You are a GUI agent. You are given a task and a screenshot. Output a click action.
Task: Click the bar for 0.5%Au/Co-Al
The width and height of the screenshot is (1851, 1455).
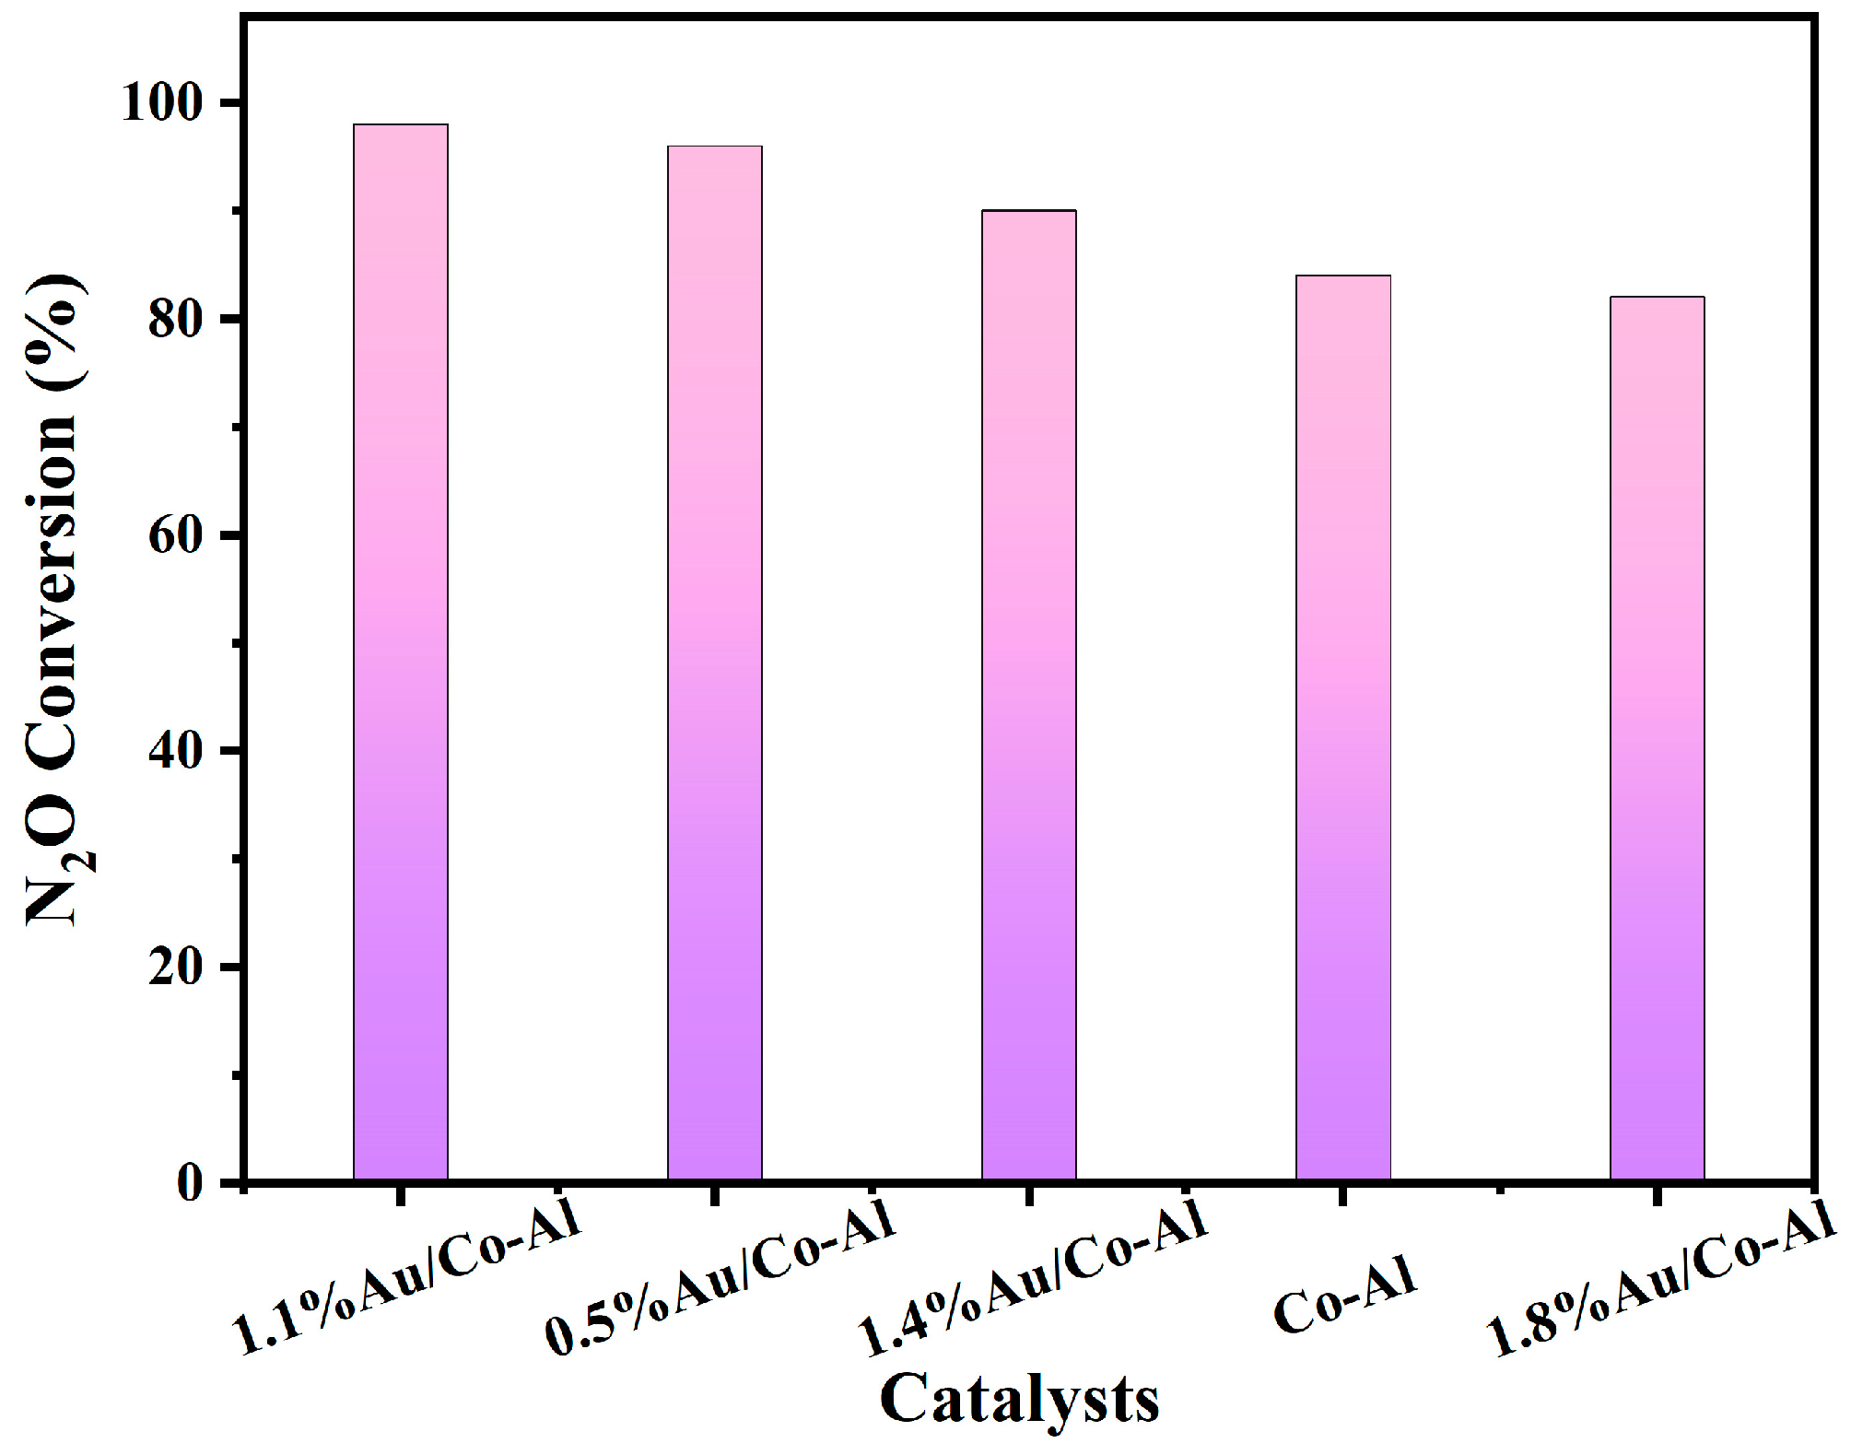point(715,663)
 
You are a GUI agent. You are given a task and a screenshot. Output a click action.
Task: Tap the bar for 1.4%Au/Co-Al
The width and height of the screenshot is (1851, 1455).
point(1029,696)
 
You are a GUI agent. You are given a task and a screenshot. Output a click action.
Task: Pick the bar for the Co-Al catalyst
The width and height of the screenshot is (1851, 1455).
point(1343,728)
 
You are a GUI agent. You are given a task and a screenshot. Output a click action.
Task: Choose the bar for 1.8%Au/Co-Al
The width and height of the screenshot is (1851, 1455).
point(1658,738)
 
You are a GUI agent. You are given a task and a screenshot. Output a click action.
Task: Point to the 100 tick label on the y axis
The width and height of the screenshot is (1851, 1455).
point(161,103)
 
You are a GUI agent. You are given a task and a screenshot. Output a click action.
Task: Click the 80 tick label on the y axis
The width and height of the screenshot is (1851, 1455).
point(175,320)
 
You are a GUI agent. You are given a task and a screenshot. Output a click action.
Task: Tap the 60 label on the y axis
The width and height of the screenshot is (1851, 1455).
point(175,535)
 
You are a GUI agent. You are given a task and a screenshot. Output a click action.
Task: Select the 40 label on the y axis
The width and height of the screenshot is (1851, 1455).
point(175,751)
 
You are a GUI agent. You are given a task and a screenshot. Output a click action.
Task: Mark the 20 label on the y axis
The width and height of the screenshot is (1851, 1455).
point(175,968)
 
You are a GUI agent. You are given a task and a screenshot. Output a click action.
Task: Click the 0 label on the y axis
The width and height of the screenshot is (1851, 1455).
point(190,1182)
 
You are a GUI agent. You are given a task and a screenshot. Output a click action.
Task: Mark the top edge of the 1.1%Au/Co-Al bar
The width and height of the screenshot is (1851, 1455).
point(401,125)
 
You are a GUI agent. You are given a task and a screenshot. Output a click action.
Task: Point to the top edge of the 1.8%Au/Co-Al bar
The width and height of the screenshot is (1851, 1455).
point(1658,298)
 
